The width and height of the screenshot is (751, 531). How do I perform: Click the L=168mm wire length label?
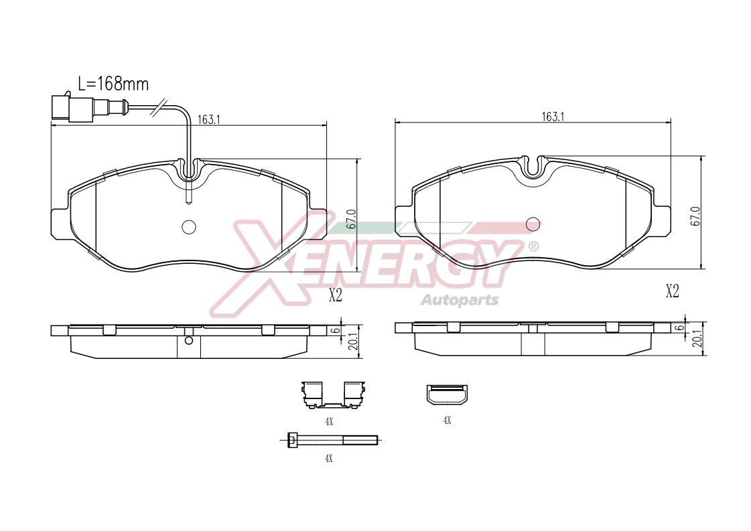pyautogui.click(x=113, y=84)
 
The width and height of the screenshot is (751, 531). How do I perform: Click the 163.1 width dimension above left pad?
pyautogui.click(x=209, y=119)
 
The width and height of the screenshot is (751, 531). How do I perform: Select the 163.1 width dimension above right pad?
pyautogui.click(x=553, y=117)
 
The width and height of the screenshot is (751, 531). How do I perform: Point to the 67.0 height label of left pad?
pyautogui.click(x=350, y=219)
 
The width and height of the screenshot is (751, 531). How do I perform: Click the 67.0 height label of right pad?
pyautogui.click(x=695, y=216)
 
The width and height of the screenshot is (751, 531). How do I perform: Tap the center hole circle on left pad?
pyautogui.click(x=189, y=227)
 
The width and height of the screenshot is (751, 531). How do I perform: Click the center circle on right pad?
pyautogui.click(x=533, y=224)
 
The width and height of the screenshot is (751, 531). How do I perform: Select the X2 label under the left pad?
pyautogui.click(x=336, y=295)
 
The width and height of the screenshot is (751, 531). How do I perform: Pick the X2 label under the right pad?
pyautogui.click(x=672, y=291)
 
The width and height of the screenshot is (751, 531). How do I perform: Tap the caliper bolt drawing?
pyautogui.click(x=328, y=440)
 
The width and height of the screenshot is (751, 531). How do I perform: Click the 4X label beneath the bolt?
pyautogui.click(x=328, y=459)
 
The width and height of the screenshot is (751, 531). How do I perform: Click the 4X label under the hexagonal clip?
pyautogui.click(x=447, y=421)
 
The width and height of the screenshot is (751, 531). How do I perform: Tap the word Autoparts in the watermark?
pyautogui.click(x=459, y=299)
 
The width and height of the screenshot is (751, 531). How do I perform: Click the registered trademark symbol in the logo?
pyautogui.click(x=533, y=246)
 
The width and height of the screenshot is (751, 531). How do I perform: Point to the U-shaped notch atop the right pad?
pyautogui.click(x=533, y=166)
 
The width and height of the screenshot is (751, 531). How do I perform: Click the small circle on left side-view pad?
pyautogui.click(x=189, y=340)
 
